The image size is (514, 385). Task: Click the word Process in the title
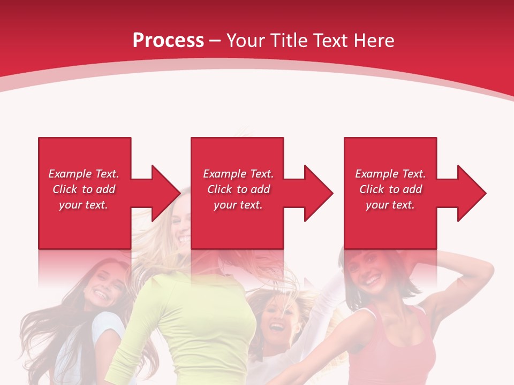168,41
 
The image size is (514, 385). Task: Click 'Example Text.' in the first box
84,174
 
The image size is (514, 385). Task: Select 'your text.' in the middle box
238,205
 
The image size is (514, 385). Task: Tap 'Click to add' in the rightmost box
390,189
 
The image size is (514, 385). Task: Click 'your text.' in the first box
84,205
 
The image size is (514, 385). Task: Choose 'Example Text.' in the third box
390,174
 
